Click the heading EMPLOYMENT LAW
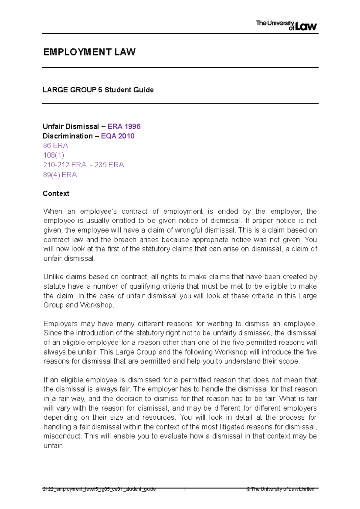[89, 52]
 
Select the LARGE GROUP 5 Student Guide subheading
[98, 90]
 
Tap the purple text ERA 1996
[124, 127]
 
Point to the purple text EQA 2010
[118, 136]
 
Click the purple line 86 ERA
[56, 146]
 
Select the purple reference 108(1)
[54, 155]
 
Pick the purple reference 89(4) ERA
[60, 175]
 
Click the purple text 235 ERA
[109, 165]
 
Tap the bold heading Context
[56, 194]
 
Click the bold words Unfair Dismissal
[71, 127]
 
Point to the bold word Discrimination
[68, 136]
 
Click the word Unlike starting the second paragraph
[53, 277]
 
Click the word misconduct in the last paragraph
[62, 436]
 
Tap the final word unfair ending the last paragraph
[53, 446]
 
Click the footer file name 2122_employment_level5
[99, 489]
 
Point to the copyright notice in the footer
[280, 489]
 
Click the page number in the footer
[185, 489]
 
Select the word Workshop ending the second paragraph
[97, 305]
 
